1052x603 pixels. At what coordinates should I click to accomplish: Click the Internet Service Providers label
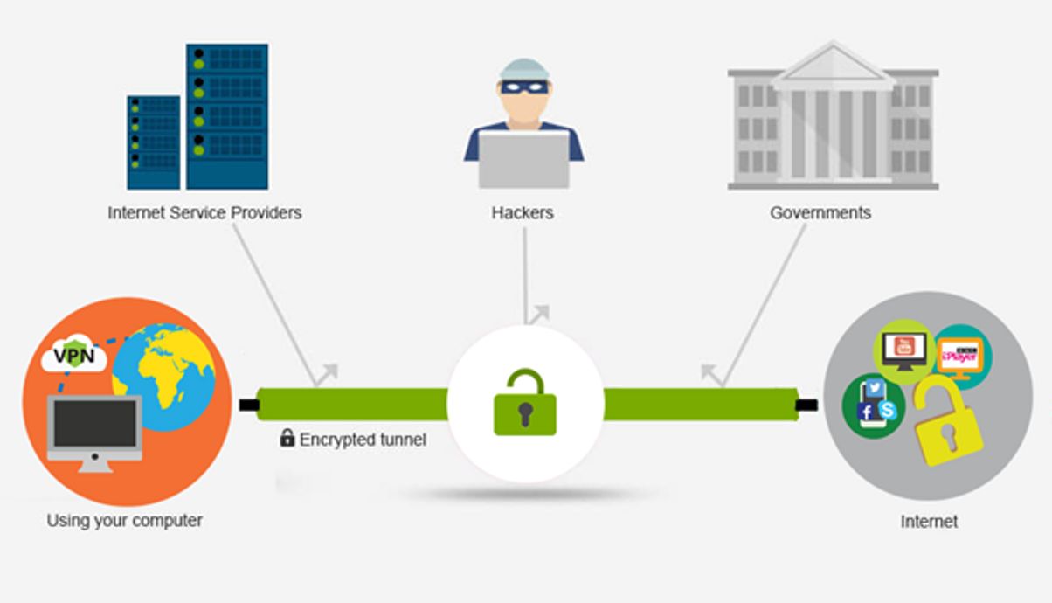204,212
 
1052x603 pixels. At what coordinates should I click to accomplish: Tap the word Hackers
523,212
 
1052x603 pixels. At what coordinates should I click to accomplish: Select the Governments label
820,212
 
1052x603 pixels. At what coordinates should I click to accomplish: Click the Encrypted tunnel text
363,440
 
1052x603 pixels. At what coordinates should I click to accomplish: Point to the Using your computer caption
124,520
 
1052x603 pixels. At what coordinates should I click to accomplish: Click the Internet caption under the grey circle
929,522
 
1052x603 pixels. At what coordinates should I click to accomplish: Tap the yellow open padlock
947,419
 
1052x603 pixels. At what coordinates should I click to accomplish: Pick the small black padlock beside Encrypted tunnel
287,438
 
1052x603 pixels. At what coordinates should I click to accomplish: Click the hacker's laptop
523,159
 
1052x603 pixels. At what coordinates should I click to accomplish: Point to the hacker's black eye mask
524,87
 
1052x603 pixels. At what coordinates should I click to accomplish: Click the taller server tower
227,115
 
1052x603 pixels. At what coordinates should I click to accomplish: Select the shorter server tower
154,142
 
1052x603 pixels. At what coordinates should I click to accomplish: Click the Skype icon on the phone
888,410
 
